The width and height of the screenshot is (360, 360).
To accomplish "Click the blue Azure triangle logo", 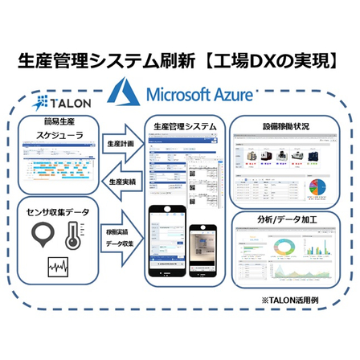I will point(128,92).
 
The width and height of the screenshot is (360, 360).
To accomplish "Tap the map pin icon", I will point(43,235).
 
